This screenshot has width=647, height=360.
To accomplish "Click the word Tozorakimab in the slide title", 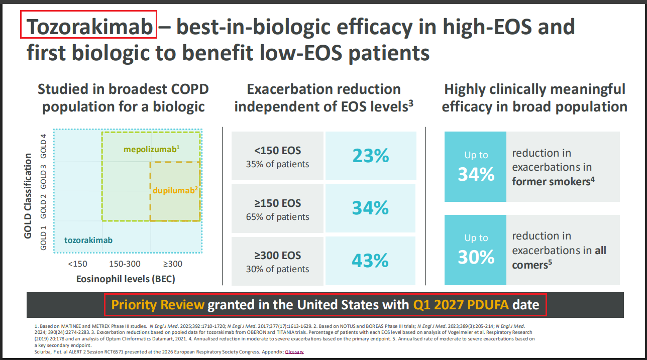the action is tap(89, 27).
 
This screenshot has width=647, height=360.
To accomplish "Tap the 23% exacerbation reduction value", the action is tap(371, 156).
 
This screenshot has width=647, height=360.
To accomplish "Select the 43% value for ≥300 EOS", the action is tap(370, 261).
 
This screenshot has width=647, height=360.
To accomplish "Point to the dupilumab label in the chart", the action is tap(175, 190).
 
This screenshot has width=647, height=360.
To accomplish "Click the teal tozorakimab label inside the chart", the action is tap(88, 240).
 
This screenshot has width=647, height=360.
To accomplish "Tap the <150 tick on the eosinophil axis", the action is tap(77, 264).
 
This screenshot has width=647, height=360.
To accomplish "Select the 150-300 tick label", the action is tap(125, 264).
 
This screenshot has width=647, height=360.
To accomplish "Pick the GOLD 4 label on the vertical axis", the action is tap(43, 146).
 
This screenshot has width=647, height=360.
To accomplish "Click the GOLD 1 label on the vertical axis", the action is tap(43, 238).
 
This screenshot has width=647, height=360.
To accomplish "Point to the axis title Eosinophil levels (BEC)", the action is tap(126, 279).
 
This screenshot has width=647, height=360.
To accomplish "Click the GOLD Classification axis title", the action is tap(28, 196).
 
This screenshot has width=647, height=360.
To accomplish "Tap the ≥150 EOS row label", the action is tap(278, 203).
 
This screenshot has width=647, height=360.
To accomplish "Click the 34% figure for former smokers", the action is tap(476, 174).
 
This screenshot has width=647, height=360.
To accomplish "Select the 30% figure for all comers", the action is tap(476, 257).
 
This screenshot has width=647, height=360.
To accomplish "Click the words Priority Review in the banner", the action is tap(158, 305).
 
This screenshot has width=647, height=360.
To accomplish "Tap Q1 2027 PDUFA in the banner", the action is tap(461, 305).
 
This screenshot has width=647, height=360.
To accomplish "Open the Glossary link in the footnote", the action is tap(294, 351).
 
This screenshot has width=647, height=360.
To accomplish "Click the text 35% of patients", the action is tap(278, 164).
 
